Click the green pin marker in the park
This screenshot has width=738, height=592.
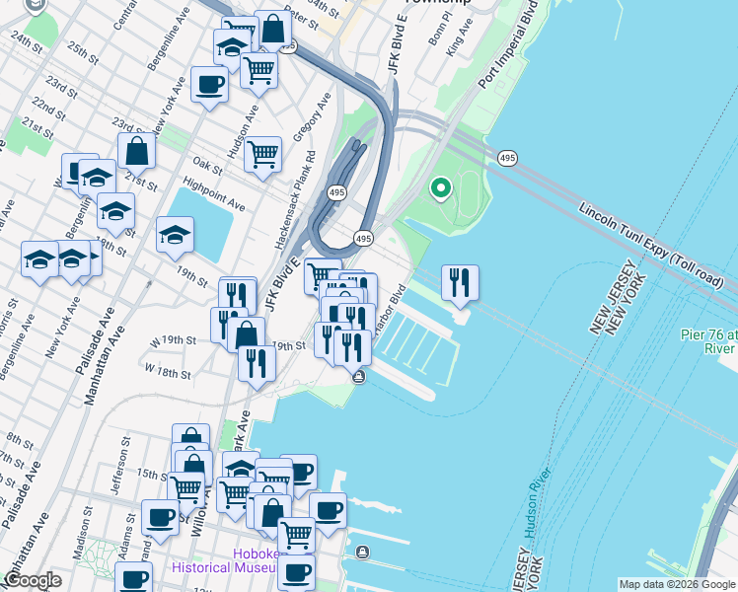tap(440, 186)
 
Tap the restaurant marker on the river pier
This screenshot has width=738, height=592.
tap(460, 283)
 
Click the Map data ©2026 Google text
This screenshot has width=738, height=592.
tap(676, 584)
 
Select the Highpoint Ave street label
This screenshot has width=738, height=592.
tap(214, 193)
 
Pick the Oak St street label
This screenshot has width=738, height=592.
tap(208, 163)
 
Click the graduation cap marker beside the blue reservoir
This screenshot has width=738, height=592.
tap(175, 234)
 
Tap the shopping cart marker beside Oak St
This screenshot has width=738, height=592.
tap(263, 154)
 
